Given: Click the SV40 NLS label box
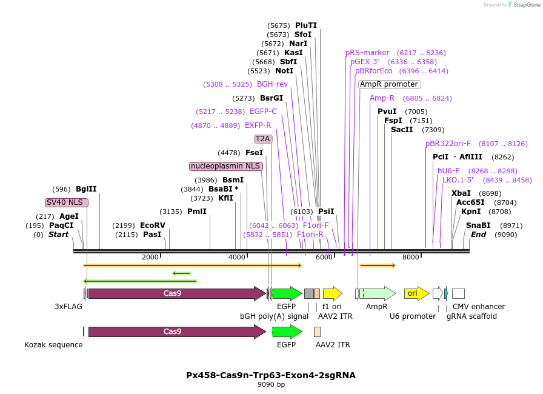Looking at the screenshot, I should point(67,202).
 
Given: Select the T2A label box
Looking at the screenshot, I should point(263,139).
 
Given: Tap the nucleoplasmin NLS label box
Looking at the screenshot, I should point(226,166).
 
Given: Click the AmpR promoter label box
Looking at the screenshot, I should point(389,84).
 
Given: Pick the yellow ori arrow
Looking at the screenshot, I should point(416,293).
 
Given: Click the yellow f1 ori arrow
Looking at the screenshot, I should point(332,293).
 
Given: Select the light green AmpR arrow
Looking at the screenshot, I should point(377,293).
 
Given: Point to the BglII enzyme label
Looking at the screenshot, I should point(86,189).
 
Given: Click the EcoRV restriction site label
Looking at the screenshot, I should point(152,225).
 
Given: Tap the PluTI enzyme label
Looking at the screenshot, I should point(306,25).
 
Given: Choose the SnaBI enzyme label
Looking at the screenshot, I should point(478,225).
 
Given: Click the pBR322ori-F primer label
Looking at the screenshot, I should point(448,144).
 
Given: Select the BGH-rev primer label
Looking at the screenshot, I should point(272,84).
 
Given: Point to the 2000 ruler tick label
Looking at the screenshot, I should point(150,258).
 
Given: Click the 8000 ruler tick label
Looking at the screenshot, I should point(411,258).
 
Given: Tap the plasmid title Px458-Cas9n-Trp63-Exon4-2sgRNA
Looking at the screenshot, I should point(271,375).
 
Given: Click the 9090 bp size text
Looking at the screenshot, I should point(271,384).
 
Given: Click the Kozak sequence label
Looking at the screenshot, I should point(53,345).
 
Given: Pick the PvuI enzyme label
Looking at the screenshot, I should point(387,112).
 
